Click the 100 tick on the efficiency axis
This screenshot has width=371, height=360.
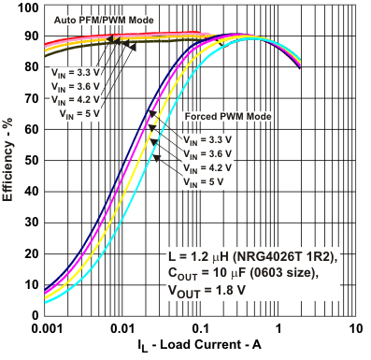point(27,8)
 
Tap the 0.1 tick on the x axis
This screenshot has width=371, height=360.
point(201,329)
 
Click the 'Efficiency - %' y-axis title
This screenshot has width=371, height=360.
point(9,161)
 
